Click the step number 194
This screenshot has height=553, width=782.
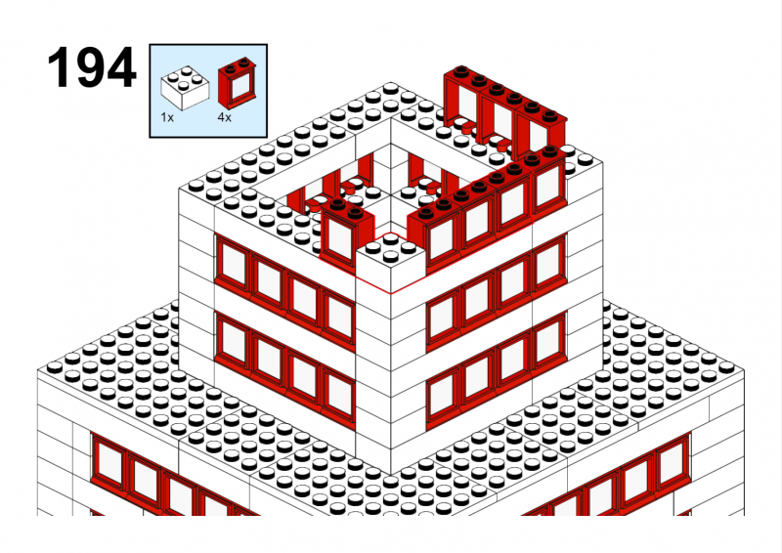(92, 67)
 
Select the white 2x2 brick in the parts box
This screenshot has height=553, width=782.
(185, 88)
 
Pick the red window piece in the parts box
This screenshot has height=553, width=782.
(239, 82)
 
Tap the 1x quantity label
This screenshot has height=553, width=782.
(167, 117)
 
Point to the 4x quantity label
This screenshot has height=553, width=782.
(225, 117)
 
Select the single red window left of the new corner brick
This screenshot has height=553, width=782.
(347, 232)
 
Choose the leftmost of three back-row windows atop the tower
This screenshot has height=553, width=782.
(463, 100)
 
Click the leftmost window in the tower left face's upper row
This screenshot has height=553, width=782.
(234, 263)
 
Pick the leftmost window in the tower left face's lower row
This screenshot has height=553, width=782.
(234, 338)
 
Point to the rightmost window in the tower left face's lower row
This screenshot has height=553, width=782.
(339, 393)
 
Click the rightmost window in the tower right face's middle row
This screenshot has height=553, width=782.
(548, 264)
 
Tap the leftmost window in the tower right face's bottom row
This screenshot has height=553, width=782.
(443, 394)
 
